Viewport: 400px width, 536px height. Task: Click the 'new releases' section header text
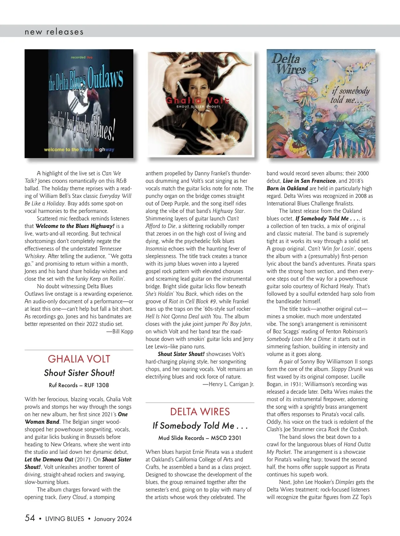pyautogui.click(x=54, y=32)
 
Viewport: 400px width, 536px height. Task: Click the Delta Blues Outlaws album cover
pyautogui.click(x=79, y=103)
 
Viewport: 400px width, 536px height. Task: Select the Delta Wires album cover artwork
pyautogui.click(x=321, y=103)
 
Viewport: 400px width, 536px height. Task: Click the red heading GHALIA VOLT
pyautogui.click(x=79, y=359)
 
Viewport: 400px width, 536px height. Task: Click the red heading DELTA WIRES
pyautogui.click(x=200, y=412)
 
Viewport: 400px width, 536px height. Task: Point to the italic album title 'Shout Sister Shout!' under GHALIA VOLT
pyautogui.click(x=79, y=373)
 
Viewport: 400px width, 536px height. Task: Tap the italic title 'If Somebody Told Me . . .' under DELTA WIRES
pyautogui.click(x=200, y=426)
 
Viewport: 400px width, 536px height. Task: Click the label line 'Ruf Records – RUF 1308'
pyautogui.click(x=79, y=385)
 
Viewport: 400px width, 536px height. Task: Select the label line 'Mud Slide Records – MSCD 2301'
pyautogui.click(x=200, y=438)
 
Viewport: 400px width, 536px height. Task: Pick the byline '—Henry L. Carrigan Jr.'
pyautogui.click(x=228, y=384)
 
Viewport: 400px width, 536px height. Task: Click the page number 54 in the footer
pyautogui.click(x=30, y=518)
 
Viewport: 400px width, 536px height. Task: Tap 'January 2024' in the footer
pyautogui.click(x=113, y=519)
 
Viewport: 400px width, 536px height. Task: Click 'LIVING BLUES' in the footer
pyautogui.click(x=65, y=519)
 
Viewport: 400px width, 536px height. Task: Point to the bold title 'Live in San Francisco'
pyautogui.click(x=309, y=181)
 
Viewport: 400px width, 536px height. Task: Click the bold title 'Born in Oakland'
pyautogui.click(x=287, y=188)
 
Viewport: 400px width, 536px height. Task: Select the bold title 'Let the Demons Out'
pyautogui.click(x=49, y=460)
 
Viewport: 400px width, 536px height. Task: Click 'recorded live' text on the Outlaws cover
pyautogui.click(x=82, y=57)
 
